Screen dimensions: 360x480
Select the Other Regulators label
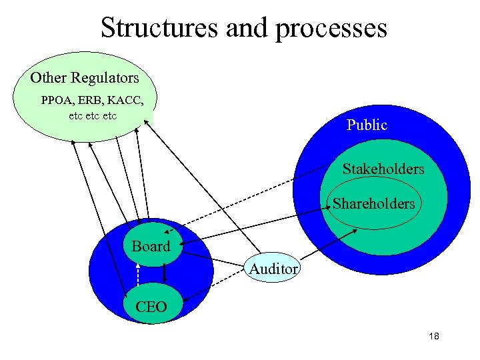[85, 78]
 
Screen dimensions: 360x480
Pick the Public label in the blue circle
[367, 125]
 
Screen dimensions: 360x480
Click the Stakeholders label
[383, 169]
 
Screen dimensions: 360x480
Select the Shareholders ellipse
[374, 204]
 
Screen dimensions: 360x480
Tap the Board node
[151, 247]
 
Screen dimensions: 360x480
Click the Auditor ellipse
[273, 269]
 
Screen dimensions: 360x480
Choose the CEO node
[151, 307]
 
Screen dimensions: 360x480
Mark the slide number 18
[433, 336]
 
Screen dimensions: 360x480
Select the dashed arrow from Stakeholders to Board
[253, 195]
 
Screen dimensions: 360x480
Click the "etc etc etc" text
[93, 116]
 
